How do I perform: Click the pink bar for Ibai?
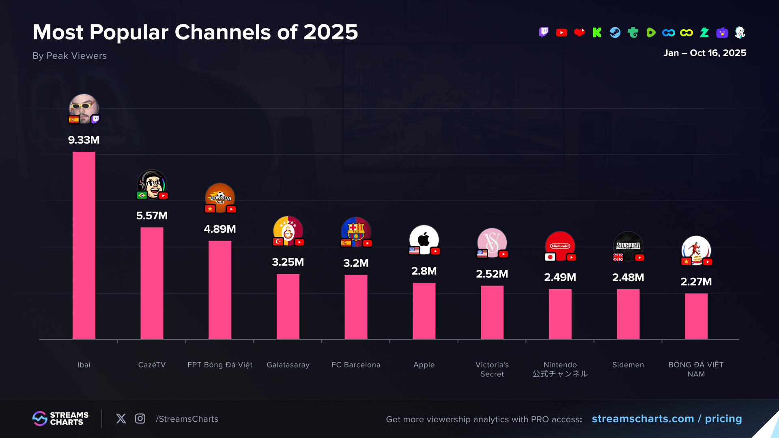click(84, 245)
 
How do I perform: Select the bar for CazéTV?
click(152, 283)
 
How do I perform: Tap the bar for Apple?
click(424, 311)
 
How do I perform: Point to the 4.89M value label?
click(219, 229)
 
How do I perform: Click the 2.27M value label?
click(696, 281)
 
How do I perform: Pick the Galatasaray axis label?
click(288, 365)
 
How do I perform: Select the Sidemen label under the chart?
click(628, 365)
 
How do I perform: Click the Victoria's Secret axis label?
click(492, 369)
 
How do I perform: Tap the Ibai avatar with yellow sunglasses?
click(84, 107)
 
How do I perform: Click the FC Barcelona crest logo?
click(356, 231)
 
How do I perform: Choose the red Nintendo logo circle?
click(560, 245)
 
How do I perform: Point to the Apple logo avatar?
click(424, 239)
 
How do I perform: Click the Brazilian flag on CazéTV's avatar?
click(142, 195)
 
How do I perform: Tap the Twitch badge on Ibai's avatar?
click(95, 119)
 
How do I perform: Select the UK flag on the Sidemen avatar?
click(618, 257)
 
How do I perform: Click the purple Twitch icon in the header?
click(544, 32)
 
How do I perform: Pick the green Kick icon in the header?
click(597, 32)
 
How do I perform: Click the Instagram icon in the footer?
click(140, 419)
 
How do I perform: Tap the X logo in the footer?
click(121, 419)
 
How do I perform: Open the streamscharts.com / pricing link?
click(667, 419)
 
